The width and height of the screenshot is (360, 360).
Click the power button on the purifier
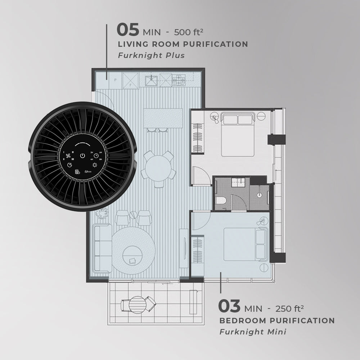pyautogui.click(x=82, y=156)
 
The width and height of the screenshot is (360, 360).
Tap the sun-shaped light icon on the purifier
pyautogui.click(x=95, y=165)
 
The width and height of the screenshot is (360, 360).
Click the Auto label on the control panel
pyautogui.click(x=88, y=172)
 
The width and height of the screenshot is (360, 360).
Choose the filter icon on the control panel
pyautogui.click(x=77, y=172)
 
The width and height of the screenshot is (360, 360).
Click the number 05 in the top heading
pyautogui.click(x=128, y=30)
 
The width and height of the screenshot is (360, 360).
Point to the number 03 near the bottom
pyautogui.click(x=229, y=306)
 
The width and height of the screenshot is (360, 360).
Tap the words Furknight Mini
pyautogui.click(x=253, y=332)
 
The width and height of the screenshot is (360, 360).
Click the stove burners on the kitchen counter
pyautogui.click(x=179, y=80)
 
